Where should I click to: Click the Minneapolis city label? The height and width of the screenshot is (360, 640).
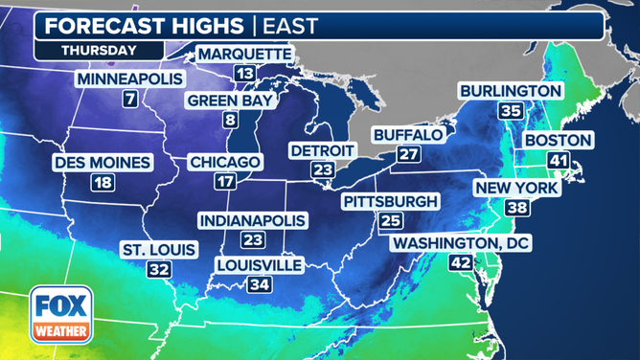pyautogui.click(x=128, y=78)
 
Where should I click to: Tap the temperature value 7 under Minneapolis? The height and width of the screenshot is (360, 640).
pyautogui.click(x=128, y=98)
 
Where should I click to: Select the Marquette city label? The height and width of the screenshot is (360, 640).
pyautogui.click(x=244, y=54)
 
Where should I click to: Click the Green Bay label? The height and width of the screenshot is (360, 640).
pyautogui.click(x=230, y=100)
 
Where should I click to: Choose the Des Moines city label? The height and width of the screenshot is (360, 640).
pyautogui.click(x=103, y=162)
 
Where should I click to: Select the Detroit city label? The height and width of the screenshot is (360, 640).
pyautogui.click(x=322, y=150)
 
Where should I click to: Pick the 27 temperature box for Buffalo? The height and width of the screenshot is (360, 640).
pyautogui.click(x=409, y=155)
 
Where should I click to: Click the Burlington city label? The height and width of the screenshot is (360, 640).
pyautogui.click(x=510, y=90)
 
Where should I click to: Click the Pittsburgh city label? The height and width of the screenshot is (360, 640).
pyautogui.click(x=390, y=201)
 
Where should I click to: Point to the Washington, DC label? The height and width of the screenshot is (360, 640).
pyautogui.click(x=460, y=244)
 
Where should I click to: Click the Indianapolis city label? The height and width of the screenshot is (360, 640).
pyautogui.click(x=253, y=220)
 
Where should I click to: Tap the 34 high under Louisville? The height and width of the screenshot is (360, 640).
pyautogui.click(x=259, y=284)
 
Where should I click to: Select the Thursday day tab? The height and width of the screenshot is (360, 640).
pyautogui.click(x=99, y=49)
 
